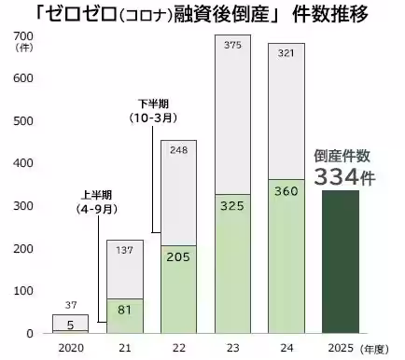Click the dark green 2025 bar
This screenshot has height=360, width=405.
coord(346,261)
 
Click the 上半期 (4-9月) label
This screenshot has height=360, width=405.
coord(97,201)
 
